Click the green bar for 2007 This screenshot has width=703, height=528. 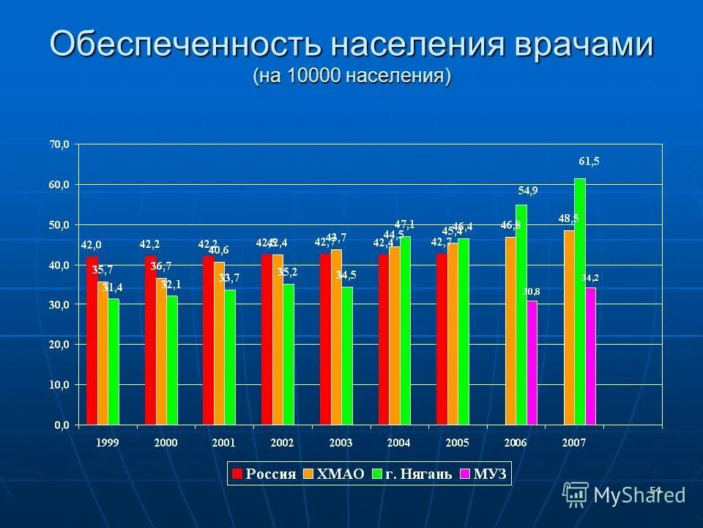(580, 301)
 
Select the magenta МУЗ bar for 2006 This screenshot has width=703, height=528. (532, 362)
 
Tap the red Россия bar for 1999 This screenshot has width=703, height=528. (92, 340)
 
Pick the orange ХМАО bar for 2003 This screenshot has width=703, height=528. (336, 337)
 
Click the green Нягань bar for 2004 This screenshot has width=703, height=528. (405, 330)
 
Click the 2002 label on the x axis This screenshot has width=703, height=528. (282, 443)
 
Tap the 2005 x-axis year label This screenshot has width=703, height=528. (457, 443)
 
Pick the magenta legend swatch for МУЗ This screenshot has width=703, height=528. (464, 474)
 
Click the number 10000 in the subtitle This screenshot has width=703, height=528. (313, 75)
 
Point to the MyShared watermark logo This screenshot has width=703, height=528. (624, 495)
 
